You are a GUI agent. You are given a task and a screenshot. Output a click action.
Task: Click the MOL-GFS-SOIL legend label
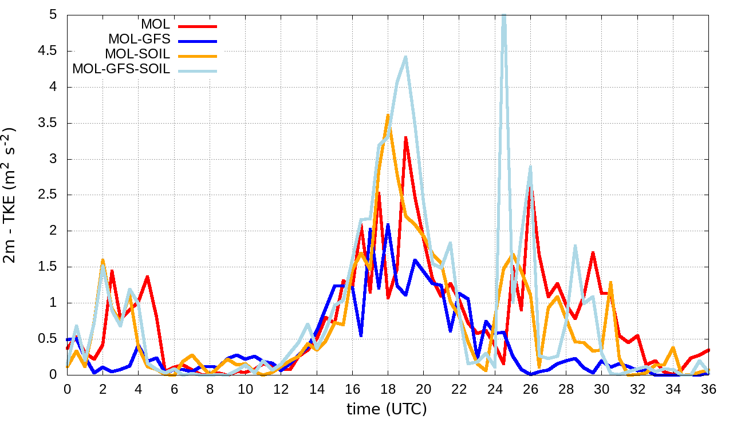tap(121, 69)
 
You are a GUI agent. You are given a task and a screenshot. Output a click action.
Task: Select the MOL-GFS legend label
tap(139, 39)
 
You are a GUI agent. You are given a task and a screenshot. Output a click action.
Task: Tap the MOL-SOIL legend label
tap(137, 54)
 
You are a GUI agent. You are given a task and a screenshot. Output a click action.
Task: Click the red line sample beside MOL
tap(198, 26)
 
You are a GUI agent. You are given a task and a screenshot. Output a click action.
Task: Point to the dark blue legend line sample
tap(198, 41)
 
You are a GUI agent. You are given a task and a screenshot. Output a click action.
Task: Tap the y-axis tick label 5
tap(53, 15)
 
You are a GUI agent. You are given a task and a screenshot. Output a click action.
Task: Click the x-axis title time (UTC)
tap(387, 409)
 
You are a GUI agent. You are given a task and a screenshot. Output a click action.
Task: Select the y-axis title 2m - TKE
tap(11, 195)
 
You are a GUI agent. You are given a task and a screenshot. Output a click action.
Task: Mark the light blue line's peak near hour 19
tap(405, 57)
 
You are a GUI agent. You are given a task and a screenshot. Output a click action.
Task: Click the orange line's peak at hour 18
tap(388, 115)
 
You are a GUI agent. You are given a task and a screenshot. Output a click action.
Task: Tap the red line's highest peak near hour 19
tap(405, 137)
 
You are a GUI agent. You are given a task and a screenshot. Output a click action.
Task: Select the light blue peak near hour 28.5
tap(575, 246)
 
